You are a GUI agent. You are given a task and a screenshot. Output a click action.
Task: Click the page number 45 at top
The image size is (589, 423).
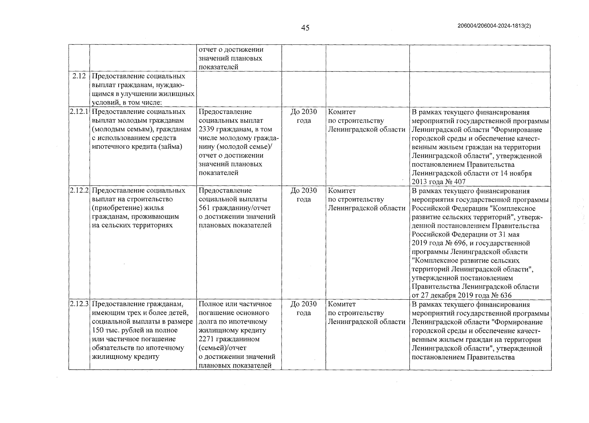coord(305,27)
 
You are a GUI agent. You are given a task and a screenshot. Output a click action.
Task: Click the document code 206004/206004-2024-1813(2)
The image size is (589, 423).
coord(494,26)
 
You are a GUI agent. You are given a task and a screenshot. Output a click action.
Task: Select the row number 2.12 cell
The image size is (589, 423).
coord(79,76)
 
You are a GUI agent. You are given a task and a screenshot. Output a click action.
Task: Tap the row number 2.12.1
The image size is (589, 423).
coord(79,112)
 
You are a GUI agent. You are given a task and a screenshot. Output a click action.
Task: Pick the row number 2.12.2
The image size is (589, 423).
coord(79,191)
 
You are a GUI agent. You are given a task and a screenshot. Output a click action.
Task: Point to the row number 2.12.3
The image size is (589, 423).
coord(79,304)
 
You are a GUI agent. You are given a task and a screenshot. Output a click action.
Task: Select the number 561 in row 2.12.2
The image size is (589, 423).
coord(204,208)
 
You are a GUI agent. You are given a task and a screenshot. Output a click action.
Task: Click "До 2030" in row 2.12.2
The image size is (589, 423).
coord(303,191)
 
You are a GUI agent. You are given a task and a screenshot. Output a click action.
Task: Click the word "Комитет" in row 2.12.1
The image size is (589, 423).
coord(342,112)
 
